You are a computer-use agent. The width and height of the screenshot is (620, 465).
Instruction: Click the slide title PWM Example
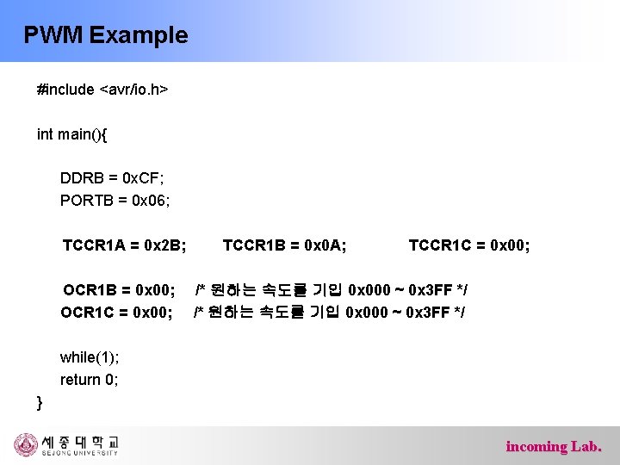[x=105, y=35]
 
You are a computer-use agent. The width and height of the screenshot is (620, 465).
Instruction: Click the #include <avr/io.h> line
[x=102, y=89]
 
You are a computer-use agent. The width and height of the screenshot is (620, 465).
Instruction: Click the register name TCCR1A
[x=91, y=245]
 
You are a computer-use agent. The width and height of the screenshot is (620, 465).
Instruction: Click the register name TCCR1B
[x=251, y=245]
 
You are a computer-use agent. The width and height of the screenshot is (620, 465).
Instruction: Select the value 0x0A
[x=325, y=245]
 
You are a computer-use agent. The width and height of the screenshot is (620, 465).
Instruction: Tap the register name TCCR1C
[x=437, y=245]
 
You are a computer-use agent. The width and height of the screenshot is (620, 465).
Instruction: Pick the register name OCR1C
[x=90, y=311]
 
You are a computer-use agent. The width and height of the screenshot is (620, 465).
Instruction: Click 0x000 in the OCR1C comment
[x=366, y=311]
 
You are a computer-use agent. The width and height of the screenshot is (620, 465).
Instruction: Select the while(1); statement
[x=90, y=357]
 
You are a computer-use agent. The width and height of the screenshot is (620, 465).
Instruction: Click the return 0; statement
[x=89, y=380]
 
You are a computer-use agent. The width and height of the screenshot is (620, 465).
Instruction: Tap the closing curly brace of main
[x=40, y=401]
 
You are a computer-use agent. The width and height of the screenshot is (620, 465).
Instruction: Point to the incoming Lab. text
[x=554, y=446]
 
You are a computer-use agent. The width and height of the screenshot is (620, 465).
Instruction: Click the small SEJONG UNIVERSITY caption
[x=78, y=453]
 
